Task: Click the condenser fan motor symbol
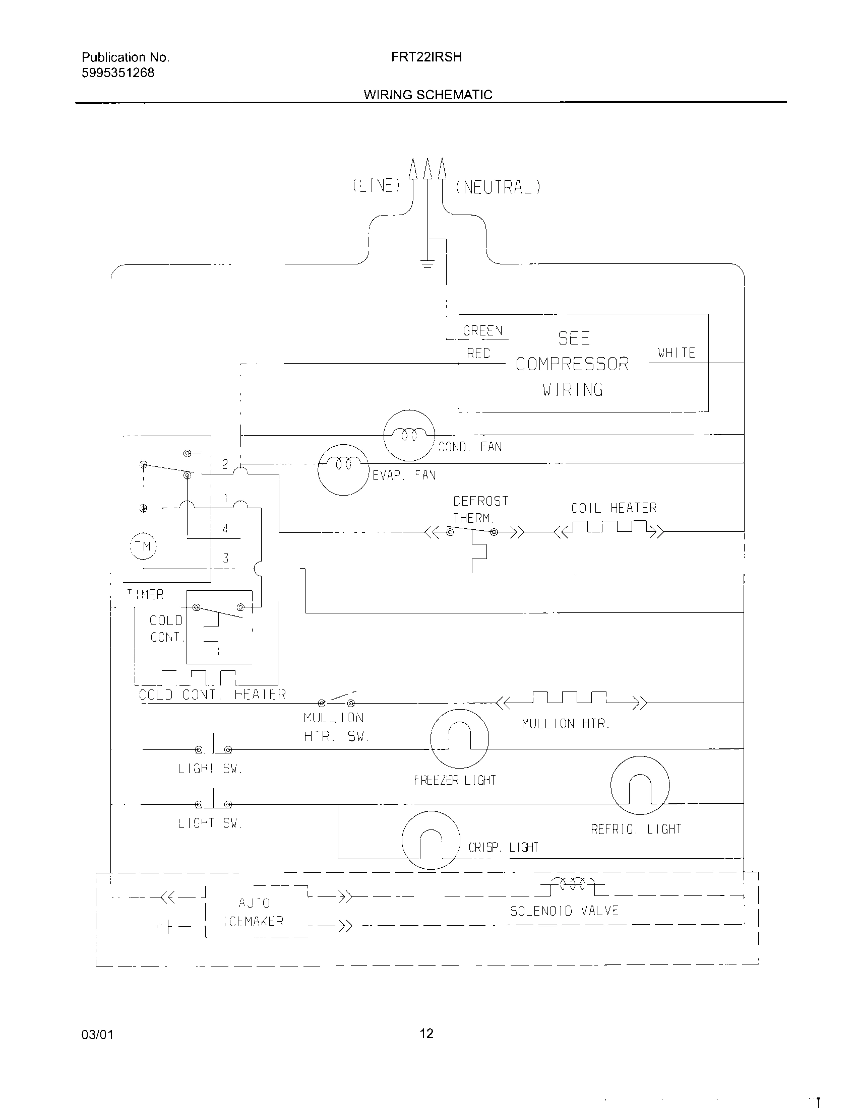coord(409,435)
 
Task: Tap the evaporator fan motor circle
coord(343,470)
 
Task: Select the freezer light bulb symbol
coord(459,739)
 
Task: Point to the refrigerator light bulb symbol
coord(640,785)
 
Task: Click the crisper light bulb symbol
coord(431,840)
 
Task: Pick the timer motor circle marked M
coord(144,546)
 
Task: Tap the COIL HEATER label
coord(614,508)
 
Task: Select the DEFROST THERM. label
coord(480,509)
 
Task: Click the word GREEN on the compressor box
coord(482,331)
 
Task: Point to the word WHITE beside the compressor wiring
coord(676,353)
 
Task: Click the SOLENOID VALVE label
coord(564,911)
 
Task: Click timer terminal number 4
coord(225,528)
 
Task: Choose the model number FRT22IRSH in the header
coord(426,57)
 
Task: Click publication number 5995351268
coord(118,73)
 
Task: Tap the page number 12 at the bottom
coord(426,1033)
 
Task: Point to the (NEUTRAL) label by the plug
coord(499,187)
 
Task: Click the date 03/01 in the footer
coord(97,1034)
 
